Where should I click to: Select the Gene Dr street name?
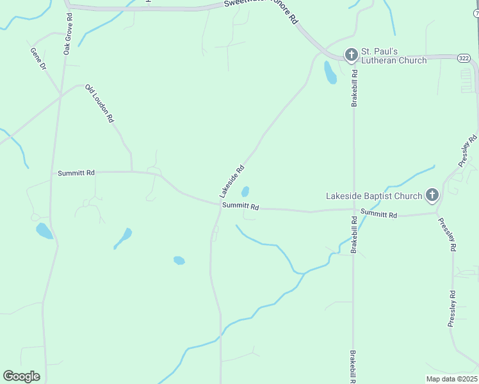pyautogui.click(x=38, y=58)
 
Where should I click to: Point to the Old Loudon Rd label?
pyautogui.click(x=99, y=103)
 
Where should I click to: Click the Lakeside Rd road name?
pyautogui.click(x=231, y=182)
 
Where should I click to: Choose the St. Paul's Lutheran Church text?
pyautogui.click(x=393, y=56)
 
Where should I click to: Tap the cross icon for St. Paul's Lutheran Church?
pyautogui.click(x=351, y=55)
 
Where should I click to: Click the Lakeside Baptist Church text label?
pyautogui.click(x=374, y=196)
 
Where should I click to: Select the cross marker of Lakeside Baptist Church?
pyautogui.click(x=432, y=195)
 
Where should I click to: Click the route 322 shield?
pyautogui.click(x=464, y=58)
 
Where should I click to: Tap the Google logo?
pyautogui.click(x=22, y=376)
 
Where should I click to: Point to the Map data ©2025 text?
pyautogui.click(x=451, y=379)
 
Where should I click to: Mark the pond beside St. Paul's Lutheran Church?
pyautogui.click(x=330, y=73)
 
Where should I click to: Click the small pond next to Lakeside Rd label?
pyautogui.click(x=245, y=191)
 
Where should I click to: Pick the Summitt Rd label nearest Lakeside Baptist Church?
pyautogui.click(x=378, y=214)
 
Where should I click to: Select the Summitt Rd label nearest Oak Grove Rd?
pyautogui.click(x=76, y=173)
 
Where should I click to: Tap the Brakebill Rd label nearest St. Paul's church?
pyautogui.click(x=354, y=88)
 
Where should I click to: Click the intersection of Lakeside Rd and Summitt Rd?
pyautogui.click(x=218, y=205)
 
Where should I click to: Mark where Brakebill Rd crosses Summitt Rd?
pyautogui.click(x=354, y=209)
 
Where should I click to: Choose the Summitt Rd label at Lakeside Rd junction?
pyautogui.click(x=240, y=207)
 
